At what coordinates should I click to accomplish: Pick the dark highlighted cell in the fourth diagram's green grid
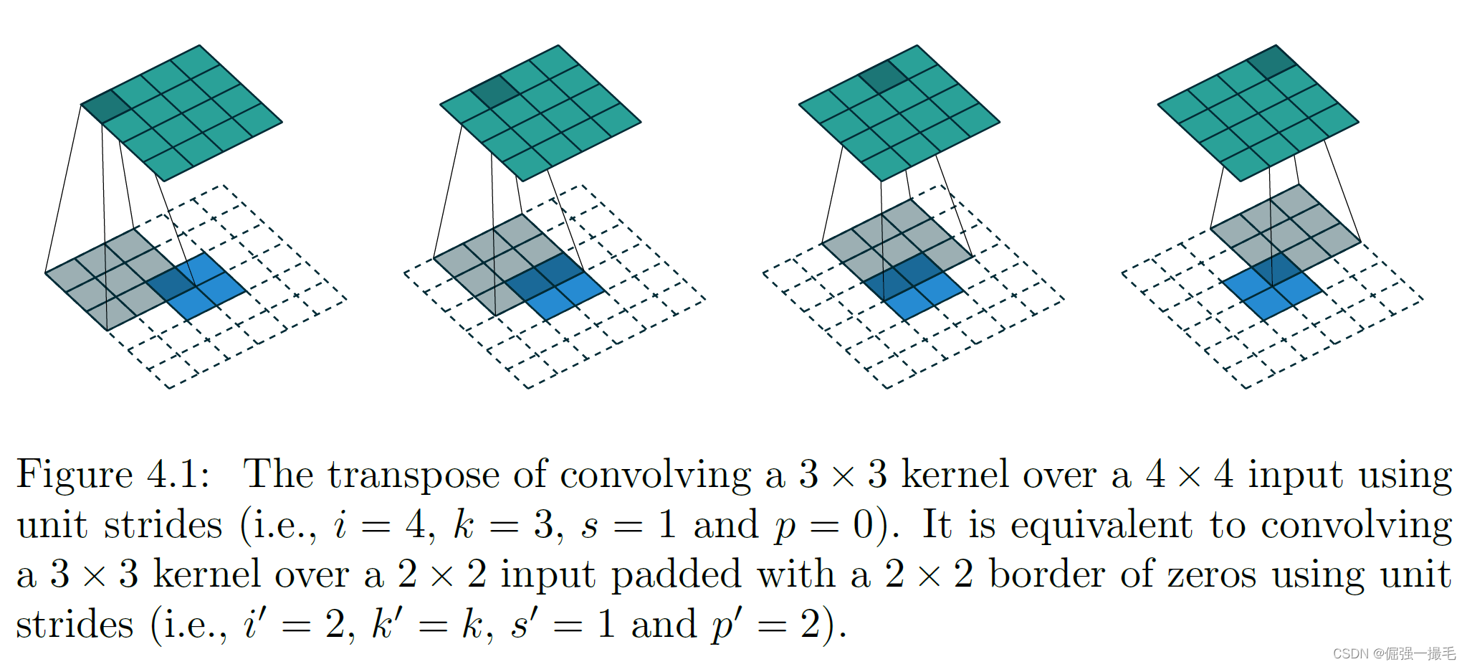[x=1272, y=62]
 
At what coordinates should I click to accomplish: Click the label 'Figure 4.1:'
[x=113, y=475]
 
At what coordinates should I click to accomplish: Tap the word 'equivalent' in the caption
[x=1101, y=525]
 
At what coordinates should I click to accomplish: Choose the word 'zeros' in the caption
[x=1211, y=575]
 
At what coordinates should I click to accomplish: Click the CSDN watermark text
[x=1393, y=653]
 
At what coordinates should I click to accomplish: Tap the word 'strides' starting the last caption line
[x=75, y=624]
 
